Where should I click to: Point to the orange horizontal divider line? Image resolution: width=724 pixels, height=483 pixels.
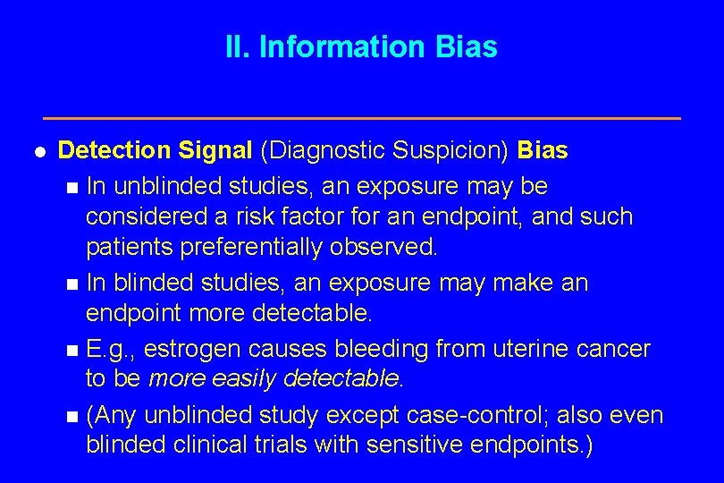tap(362, 118)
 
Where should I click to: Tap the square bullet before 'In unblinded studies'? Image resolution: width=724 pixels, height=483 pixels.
tap(72, 188)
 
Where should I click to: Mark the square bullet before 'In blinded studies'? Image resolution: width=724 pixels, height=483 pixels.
tap(72, 284)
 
